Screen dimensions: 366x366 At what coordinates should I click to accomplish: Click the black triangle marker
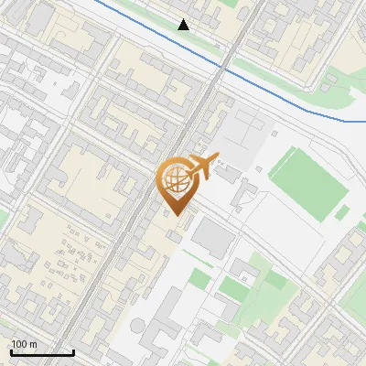click(x=184, y=25)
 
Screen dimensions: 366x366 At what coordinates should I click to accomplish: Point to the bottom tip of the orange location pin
click(x=176, y=215)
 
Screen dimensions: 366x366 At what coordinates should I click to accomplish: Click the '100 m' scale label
click(x=24, y=344)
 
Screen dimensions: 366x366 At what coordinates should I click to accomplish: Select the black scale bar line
click(x=42, y=352)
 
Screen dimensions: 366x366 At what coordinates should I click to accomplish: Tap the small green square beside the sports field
click(x=342, y=212)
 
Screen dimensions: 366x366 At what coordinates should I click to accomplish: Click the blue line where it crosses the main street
click(x=221, y=67)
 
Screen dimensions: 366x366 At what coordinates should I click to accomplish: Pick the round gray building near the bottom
click(x=138, y=324)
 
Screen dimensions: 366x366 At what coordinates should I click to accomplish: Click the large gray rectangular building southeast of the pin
click(x=213, y=238)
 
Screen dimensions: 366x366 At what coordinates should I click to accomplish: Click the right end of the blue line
click(x=364, y=121)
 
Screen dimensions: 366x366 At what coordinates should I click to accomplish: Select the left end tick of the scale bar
click(x=11, y=350)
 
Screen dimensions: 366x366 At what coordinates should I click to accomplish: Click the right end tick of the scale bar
click(x=73, y=350)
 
